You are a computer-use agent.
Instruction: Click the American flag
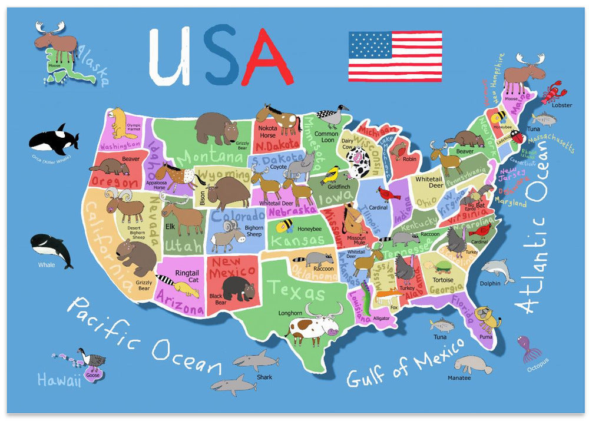pos(395,57)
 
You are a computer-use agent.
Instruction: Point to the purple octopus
pos(529,348)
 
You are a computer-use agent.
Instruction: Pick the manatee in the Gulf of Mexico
pos(472,364)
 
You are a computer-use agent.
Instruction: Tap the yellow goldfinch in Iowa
pos(332,174)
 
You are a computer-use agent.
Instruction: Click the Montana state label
pos(207,157)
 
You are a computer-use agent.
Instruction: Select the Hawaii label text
pos(59,380)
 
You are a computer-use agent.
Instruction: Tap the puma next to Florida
pos(487,319)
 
